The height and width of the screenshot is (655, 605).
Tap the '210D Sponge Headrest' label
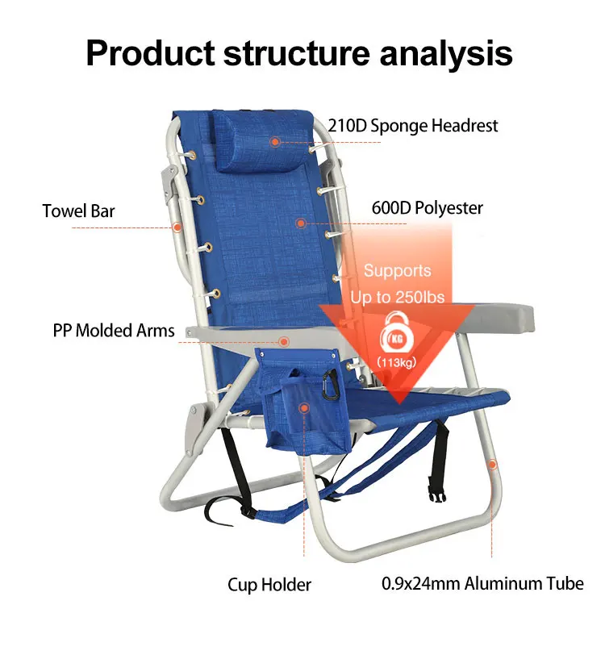tap(412, 126)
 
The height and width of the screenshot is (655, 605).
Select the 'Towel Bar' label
tap(78, 211)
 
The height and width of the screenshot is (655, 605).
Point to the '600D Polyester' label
tap(427, 207)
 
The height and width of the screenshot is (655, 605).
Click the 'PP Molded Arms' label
tap(114, 331)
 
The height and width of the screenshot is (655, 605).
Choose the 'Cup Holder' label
tap(269, 584)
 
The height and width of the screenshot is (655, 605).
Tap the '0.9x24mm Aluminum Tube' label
tap(482, 583)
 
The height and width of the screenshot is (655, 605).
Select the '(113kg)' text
tap(396, 361)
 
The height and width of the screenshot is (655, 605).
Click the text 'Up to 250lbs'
tap(397, 297)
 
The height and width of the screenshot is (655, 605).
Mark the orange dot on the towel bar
tap(176, 227)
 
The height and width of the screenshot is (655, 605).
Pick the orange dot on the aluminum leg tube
tap(491, 464)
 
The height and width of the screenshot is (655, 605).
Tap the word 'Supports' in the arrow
tap(397, 271)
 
